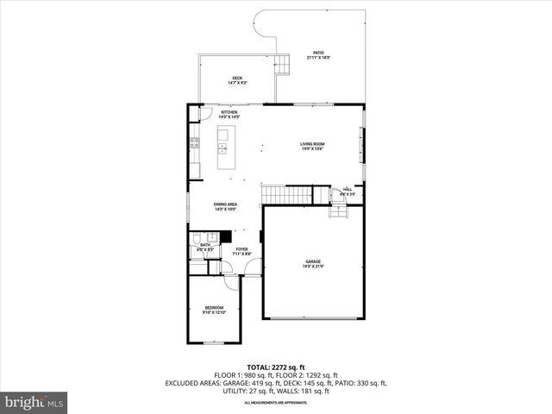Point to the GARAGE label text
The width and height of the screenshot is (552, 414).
click(x=312, y=263)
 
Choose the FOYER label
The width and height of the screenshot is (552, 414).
click(x=241, y=251)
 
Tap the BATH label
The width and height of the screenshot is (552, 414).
click(x=205, y=247)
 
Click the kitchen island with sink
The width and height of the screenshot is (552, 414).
click(x=223, y=147)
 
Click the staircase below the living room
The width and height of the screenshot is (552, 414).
click(x=285, y=194)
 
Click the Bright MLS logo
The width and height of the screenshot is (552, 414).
click(x=34, y=401)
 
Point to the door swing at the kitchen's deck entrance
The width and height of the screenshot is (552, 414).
click(x=204, y=112)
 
